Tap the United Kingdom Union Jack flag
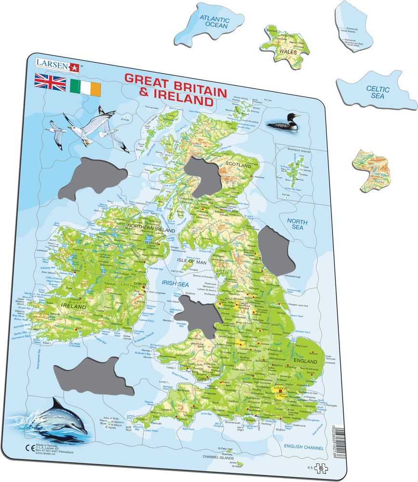tap(50, 82)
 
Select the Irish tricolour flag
tap(85, 87)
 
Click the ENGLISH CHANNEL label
tap(304, 448)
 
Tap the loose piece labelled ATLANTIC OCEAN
tap(216, 21)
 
